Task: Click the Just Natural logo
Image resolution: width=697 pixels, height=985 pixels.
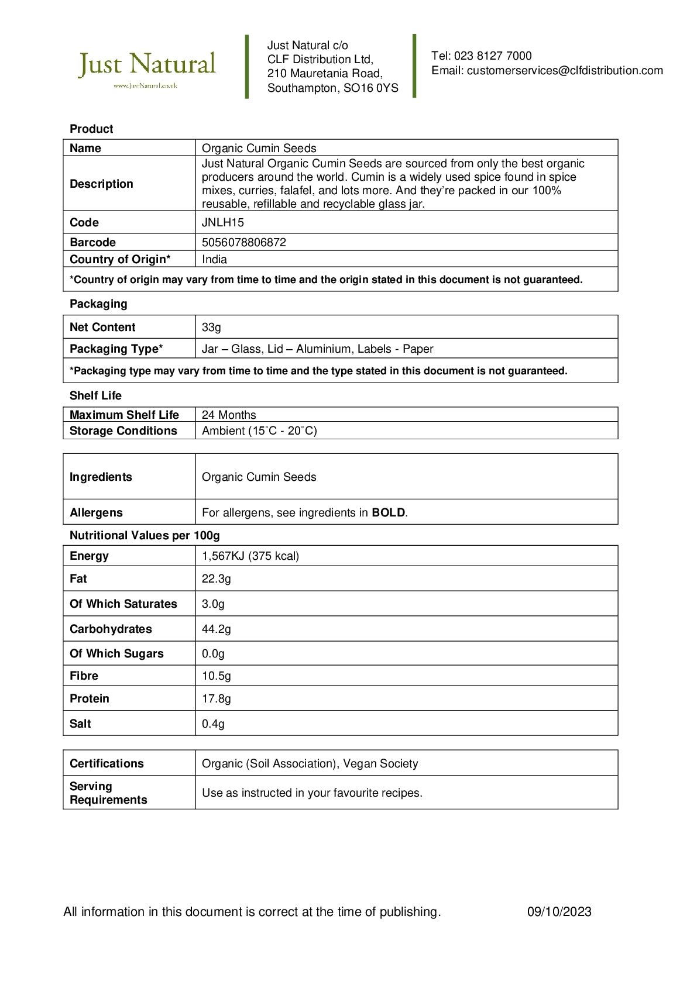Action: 147,67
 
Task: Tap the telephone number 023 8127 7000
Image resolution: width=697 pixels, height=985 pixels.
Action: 493,56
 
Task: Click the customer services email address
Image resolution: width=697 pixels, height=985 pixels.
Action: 565,71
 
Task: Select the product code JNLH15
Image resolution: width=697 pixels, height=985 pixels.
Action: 223,223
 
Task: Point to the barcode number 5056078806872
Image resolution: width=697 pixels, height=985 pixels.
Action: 244,243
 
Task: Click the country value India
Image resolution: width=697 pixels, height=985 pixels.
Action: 215,260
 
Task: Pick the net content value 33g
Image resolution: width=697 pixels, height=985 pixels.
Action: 211,328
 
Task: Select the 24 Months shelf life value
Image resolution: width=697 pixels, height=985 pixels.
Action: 229,415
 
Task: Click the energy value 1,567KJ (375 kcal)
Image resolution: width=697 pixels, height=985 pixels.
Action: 250,556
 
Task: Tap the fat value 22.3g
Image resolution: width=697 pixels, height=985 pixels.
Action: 217,579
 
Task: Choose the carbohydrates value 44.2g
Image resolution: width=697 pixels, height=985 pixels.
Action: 217,629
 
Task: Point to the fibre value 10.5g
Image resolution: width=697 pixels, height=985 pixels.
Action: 217,676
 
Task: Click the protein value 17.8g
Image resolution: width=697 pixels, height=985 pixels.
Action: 217,699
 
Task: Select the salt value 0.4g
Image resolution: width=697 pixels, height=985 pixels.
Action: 213,724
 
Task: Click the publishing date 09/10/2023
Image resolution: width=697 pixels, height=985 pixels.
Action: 559,912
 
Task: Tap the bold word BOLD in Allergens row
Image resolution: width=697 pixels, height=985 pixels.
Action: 389,513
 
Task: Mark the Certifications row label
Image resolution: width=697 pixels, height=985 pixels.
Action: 107,764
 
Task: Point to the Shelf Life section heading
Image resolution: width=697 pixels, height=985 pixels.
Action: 95,396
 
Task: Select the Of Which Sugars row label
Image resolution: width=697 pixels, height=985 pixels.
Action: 116,654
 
